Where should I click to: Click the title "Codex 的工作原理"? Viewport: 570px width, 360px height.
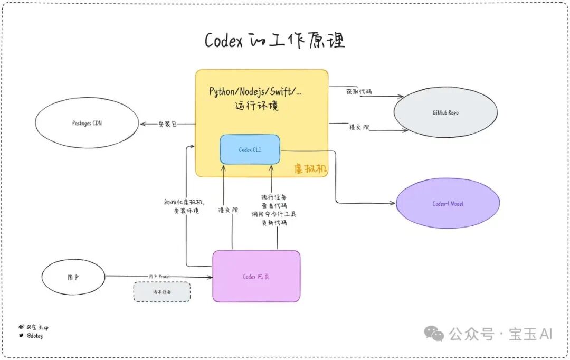click(x=274, y=41)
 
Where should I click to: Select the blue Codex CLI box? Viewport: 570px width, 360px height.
click(x=250, y=149)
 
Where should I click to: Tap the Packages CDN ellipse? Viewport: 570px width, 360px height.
click(x=88, y=123)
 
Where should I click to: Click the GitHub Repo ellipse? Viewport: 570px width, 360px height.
click(x=445, y=113)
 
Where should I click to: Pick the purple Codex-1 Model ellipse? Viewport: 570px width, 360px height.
click(x=448, y=204)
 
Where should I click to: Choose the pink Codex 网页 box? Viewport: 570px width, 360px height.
click(x=256, y=276)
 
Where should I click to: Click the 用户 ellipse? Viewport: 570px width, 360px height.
click(x=73, y=277)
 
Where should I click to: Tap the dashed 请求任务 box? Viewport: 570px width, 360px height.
click(x=161, y=291)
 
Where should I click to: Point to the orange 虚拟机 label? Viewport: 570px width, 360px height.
click(x=311, y=168)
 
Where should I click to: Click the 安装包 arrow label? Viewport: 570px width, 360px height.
click(x=167, y=124)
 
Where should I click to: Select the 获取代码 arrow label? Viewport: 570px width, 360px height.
click(x=359, y=91)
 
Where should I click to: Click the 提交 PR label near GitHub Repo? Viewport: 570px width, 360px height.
click(x=359, y=127)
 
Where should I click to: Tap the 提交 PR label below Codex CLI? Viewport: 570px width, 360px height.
click(x=228, y=210)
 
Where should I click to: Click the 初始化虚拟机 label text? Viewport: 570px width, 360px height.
click(x=185, y=202)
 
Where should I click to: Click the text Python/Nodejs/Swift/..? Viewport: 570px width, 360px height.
click(x=256, y=91)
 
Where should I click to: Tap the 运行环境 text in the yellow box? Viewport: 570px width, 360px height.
click(x=256, y=106)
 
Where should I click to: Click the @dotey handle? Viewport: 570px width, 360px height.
click(x=34, y=336)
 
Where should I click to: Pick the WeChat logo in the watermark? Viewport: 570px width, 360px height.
click(x=435, y=333)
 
